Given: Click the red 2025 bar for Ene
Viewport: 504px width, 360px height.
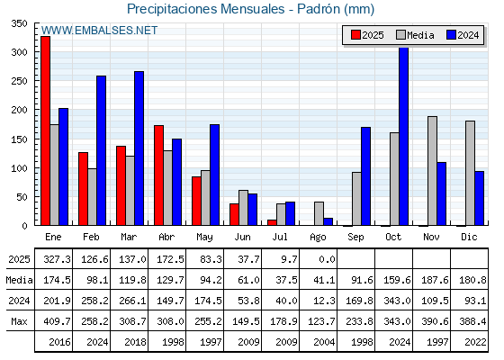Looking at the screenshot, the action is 45,130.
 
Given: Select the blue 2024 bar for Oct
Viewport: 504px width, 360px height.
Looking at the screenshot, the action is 404,136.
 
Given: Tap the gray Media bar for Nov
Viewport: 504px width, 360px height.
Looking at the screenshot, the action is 432,171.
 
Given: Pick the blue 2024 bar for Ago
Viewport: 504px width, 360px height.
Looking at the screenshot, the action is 328,221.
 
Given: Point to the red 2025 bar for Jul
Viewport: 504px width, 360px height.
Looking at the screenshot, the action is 272,222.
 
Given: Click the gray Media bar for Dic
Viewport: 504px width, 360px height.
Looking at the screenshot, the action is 470,173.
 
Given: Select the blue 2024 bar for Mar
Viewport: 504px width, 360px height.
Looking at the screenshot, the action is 139,148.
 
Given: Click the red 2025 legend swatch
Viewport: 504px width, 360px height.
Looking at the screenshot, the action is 355,35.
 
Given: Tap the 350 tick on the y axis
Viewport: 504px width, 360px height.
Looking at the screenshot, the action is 19,23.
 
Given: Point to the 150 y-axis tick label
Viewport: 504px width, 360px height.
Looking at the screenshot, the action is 19,139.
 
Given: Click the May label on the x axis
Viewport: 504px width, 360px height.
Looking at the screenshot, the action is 204,238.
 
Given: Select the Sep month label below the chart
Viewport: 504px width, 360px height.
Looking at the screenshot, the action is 355,238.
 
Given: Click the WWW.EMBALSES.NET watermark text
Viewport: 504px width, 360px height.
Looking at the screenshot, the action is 99,31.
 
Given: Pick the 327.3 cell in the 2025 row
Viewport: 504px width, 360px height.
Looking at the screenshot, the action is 57,259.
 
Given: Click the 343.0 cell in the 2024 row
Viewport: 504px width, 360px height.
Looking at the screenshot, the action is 397,301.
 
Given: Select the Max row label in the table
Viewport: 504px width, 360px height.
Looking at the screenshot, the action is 19,321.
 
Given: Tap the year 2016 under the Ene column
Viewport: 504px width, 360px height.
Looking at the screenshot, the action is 59,342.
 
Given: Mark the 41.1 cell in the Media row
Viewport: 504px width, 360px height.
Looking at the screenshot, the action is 324,280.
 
